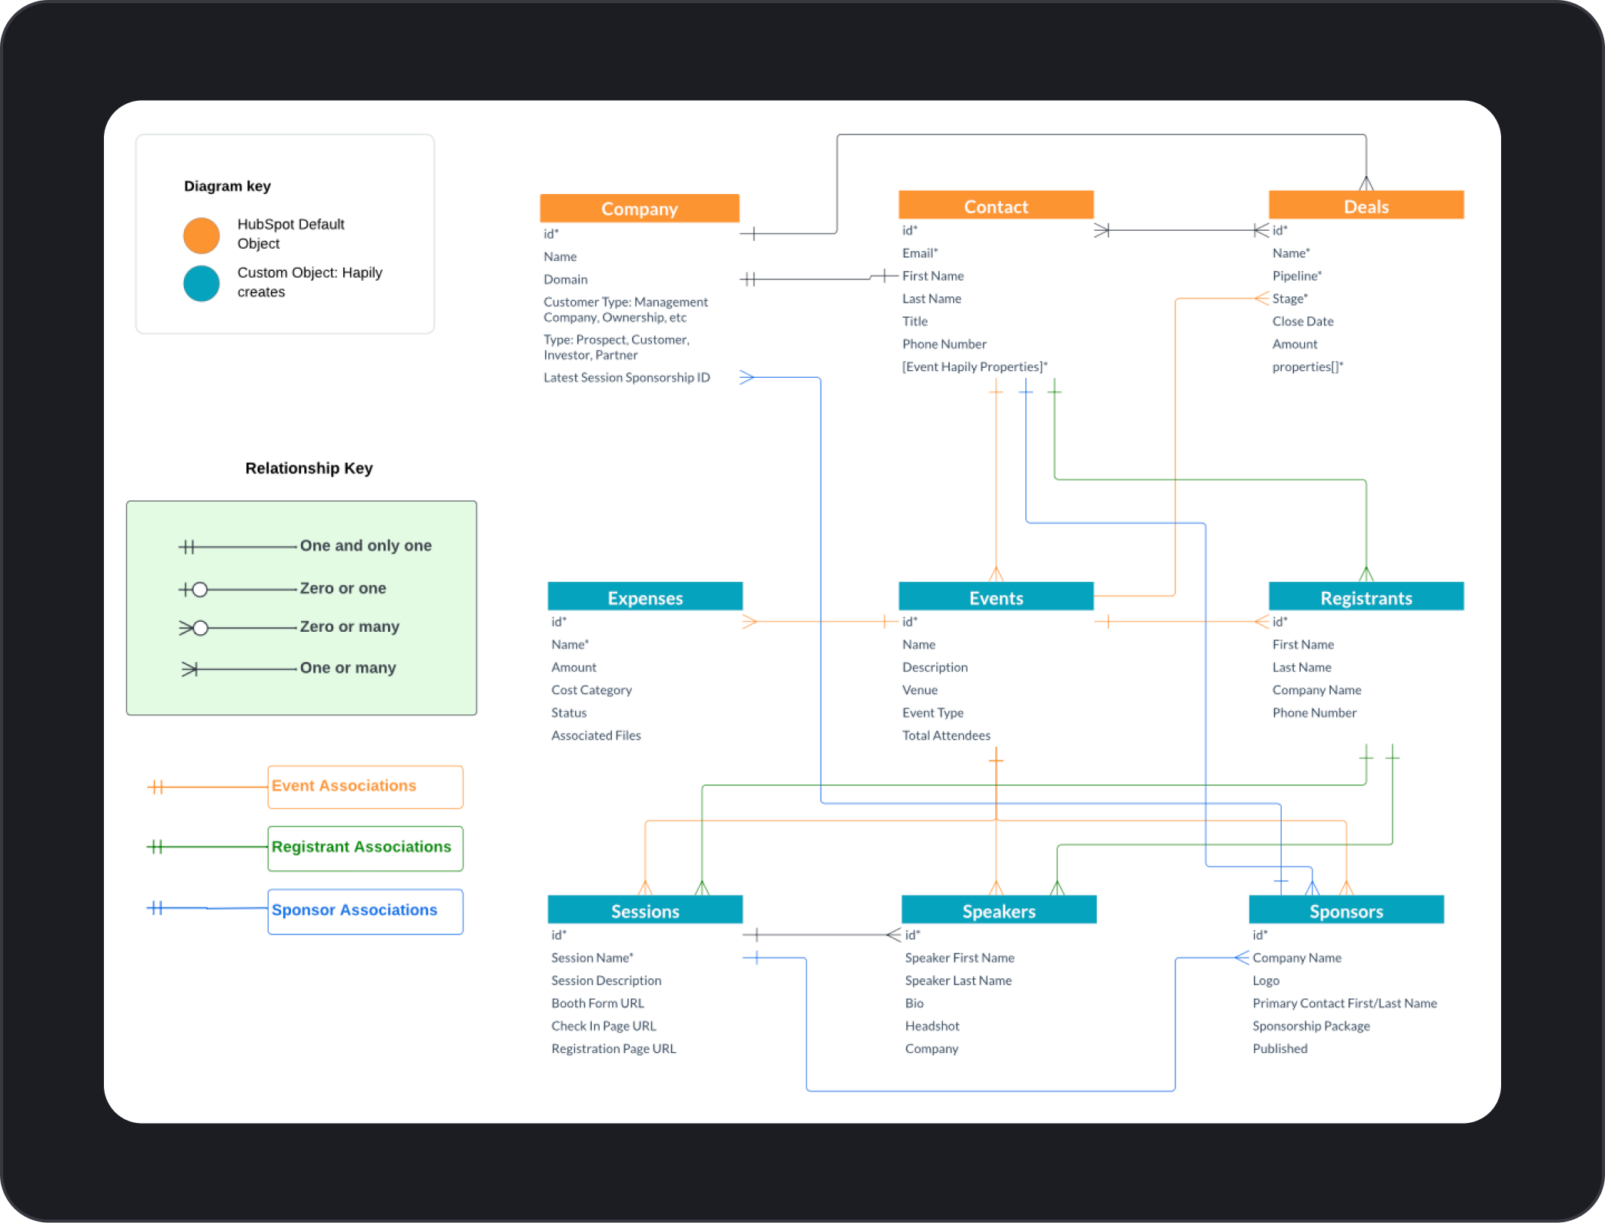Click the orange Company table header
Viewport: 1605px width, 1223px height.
(x=639, y=209)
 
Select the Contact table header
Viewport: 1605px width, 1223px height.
(x=995, y=206)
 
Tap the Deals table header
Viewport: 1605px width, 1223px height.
(x=1366, y=206)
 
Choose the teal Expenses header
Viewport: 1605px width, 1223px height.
(x=644, y=598)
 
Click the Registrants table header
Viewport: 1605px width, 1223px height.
(x=1366, y=598)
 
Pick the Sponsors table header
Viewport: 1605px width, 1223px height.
(x=1346, y=911)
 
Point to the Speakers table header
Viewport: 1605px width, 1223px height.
(x=998, y=911)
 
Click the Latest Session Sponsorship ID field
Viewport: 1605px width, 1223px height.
(x=627, y=377)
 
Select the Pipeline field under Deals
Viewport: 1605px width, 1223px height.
(x=1296, y=276)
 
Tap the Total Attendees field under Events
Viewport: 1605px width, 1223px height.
(x=946, y=735)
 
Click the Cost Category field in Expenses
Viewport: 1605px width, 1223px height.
(x=591, y=690)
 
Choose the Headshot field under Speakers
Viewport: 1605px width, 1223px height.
(x=931, y=1026)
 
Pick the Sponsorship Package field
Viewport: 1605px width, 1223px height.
(x=1310, y=1026)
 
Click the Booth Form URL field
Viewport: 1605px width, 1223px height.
(x=597, y=1003)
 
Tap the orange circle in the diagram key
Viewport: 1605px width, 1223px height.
(x=202, y=235)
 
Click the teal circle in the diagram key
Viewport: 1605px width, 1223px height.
(x=202, y=283)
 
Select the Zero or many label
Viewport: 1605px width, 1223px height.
(x=349, y=627)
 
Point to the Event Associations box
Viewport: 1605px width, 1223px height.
(x=365, y=787)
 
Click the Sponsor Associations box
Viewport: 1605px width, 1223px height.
(x=365, y=911)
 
